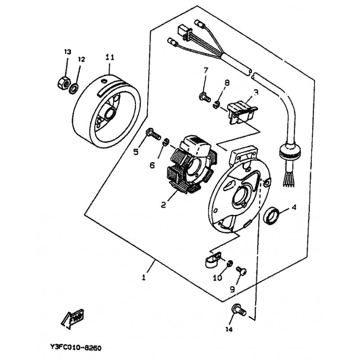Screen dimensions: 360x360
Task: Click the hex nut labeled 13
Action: [x=63, y=83]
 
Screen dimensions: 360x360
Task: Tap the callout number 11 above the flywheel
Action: [x=110, y=57]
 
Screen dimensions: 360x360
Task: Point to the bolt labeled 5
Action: [x=153, y=134]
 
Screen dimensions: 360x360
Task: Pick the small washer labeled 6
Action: [x=166, y=142]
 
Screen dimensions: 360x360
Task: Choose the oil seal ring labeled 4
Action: [x=272, y=216]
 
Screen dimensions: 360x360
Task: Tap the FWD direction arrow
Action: [x=72, y=319]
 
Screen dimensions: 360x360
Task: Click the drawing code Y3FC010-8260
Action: [x=76, y=348]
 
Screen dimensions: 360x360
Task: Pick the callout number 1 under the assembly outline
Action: [x=144, y=278]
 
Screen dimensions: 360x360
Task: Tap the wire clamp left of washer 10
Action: [x=213, y=260]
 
